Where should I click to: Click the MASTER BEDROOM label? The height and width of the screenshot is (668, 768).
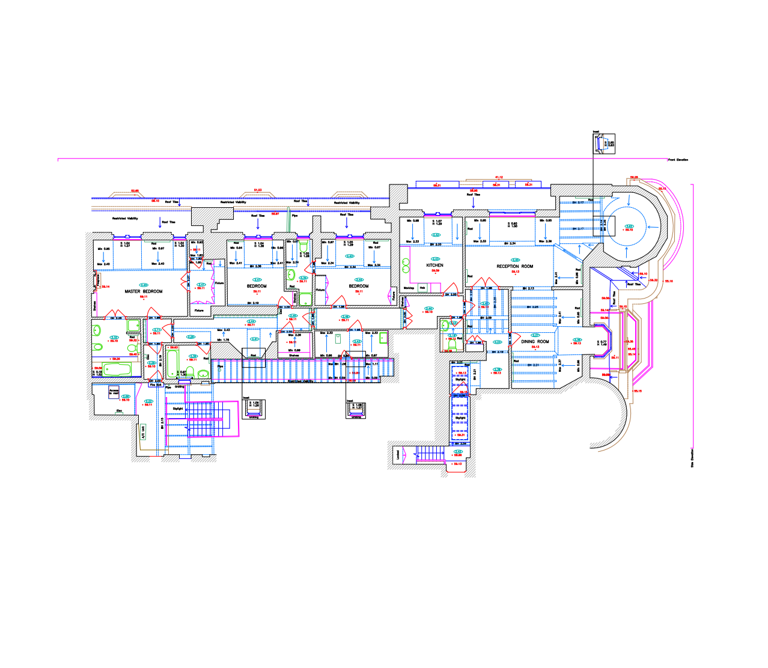(x=144, y=291)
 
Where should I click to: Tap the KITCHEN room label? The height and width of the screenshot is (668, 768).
(x=434, y=265)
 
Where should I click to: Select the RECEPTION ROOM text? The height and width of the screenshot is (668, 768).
(x=514, y=266)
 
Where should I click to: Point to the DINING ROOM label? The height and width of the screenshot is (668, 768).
(x=535, y=341)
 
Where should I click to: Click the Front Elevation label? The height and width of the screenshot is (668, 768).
(x=678, y=160)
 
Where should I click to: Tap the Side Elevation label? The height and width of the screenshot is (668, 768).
(x=692, y=458)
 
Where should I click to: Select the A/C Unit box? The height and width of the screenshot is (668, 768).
(x=143, y=432)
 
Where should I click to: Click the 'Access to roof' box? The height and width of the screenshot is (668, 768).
(x=114, y=392)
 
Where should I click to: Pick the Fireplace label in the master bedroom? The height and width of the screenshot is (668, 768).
(x=98, y=281)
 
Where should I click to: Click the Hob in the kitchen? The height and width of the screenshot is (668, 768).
(x=422, y=288)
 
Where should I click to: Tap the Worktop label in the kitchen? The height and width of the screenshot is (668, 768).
(x=409, y=288)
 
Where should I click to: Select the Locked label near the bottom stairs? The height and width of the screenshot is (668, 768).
(x=398, y=455)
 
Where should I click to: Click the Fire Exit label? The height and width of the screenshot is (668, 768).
(x=156, y=385)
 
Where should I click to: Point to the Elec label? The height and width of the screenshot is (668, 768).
(x=119, y=411)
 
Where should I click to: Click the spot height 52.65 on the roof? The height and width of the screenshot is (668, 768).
(x=135, y=191)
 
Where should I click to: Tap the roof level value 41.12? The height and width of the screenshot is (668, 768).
(x=499, y=177)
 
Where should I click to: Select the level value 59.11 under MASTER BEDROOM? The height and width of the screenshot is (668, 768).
(x=144, y=297)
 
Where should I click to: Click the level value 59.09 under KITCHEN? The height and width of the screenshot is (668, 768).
(x=435, y=270)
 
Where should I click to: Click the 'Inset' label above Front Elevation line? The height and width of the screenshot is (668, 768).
(x=596, y=132)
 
